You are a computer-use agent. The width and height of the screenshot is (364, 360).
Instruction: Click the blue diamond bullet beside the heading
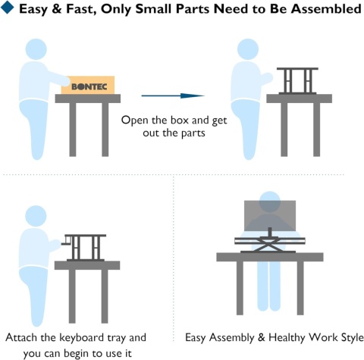click(8, 7)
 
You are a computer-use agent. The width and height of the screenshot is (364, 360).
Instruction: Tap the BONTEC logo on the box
click(89, 87)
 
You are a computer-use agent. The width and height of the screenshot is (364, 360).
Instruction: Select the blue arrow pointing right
click(173, 95)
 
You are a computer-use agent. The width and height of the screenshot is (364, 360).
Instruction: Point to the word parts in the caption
click(193, 133)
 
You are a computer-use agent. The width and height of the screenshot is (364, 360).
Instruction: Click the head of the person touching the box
click(36, 49)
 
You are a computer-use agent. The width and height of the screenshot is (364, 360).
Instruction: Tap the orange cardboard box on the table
click(88, 85)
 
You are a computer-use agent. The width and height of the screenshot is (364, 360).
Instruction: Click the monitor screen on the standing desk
click(270, 216)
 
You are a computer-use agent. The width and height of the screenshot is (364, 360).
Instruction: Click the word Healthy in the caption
click(287, 338)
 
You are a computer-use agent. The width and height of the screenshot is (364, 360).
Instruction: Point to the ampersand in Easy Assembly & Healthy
click(262, 338)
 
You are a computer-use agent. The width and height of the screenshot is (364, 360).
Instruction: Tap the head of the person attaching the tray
click(36, 216)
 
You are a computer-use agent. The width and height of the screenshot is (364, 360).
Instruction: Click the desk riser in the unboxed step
click(297, 81)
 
